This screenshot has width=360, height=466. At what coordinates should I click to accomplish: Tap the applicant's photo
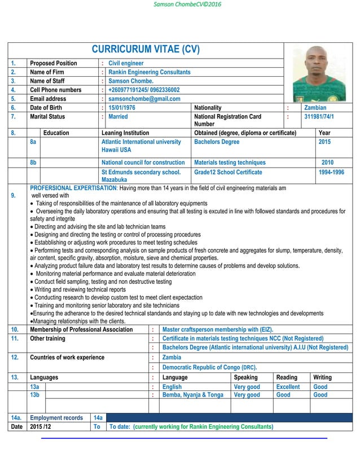coord(319,72)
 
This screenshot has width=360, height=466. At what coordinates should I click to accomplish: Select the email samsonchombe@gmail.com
coord(144,99)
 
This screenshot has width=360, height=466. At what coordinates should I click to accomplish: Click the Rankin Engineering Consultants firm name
coord(149,72)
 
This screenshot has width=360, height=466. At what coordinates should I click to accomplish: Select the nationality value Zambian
coord(315,108)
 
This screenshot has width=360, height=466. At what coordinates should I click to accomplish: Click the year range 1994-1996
coord(331,173)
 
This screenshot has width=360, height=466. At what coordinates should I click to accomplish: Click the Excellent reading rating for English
coord(288,387)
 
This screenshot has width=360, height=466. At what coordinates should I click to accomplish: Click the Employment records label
coord(56,417)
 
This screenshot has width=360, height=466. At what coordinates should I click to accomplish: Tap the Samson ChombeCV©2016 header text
coord(179,5)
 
